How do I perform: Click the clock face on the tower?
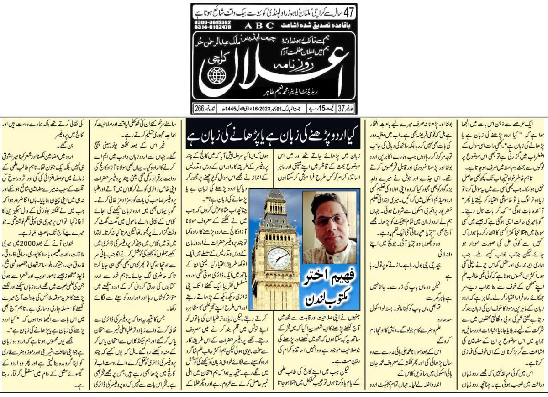pyautogui.click(x=279, y=259)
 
